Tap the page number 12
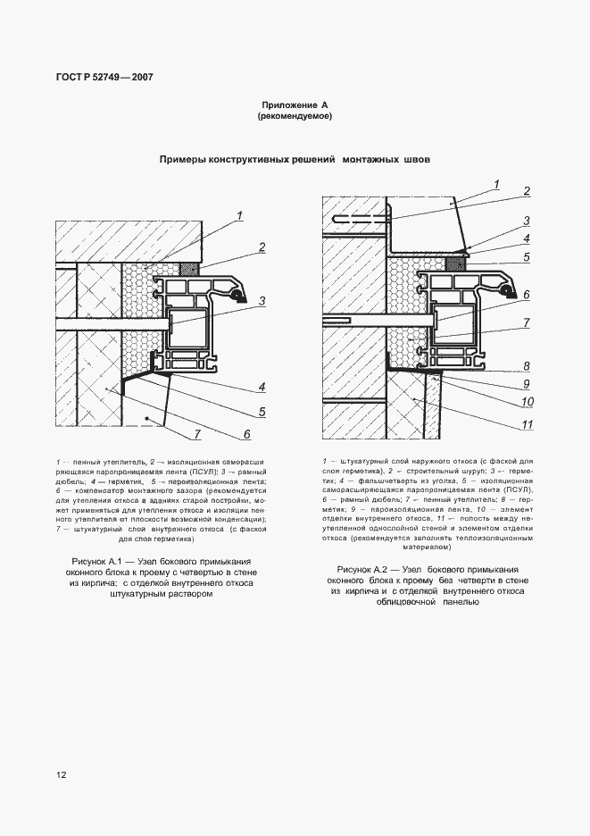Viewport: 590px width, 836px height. [61, 775]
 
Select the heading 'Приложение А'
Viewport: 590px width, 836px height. [295, 104]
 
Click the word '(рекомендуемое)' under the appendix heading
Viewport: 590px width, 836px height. [295, 117]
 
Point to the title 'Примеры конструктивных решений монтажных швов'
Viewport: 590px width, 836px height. [295, 160]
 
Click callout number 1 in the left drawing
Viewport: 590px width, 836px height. [240, 213]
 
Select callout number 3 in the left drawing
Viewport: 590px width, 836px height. [262, 301]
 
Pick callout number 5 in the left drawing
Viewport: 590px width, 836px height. [262, 412]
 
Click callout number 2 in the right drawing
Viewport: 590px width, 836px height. [527, 190]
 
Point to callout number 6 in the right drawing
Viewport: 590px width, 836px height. [527, 294]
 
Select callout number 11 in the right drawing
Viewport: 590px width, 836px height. [527, 424]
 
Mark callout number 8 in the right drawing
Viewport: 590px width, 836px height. [527, 365]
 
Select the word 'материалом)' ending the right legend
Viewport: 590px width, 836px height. [427, 573]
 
